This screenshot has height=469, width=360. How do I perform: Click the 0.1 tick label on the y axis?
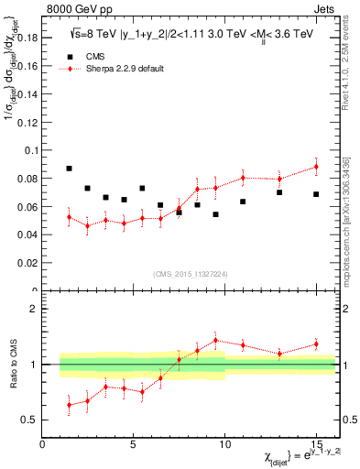pos(29,150)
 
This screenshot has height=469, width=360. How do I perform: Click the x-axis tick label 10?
pos(224,446)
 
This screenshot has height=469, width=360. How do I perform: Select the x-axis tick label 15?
pos(316,446)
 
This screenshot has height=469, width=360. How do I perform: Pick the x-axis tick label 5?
pos(134,446)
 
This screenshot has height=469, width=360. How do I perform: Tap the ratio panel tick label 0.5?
pos(27,420)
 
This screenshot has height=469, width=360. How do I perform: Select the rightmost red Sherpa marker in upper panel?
pos(316,167)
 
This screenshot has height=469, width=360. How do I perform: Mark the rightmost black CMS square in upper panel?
pos(316,194)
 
